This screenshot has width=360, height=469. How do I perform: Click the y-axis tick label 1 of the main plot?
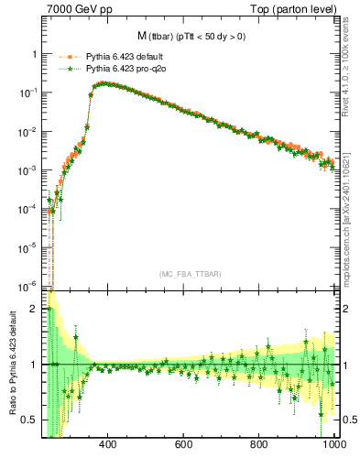pyautogui.click(x=34, y=54)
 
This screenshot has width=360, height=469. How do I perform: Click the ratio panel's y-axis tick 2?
pyautogui.click(x=34, y=309)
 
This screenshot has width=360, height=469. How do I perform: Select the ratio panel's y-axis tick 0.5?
pyautogui.click(x=30, y=420)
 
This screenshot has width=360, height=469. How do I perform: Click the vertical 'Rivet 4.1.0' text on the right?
pyautogui.click(x=351, y=64)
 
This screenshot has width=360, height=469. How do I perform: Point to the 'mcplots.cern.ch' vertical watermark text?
pyautogui.click(x=351, y=220)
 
